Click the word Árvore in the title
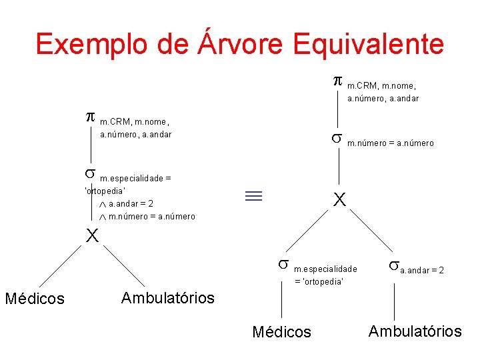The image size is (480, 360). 238,43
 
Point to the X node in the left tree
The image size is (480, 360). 91,235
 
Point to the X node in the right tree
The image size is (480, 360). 339,199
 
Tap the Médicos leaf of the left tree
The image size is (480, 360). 35,299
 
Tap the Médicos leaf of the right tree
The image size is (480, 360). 281,331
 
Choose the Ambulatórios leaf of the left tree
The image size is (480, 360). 167,297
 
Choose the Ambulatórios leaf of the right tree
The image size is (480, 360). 415,331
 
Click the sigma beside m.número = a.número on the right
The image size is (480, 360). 337,139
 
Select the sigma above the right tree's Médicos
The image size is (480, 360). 283,265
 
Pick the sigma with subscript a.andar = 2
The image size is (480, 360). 393,267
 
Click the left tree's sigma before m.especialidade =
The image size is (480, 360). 90,174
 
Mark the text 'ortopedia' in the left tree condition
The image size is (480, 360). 106,191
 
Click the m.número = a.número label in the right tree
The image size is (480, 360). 391,143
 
